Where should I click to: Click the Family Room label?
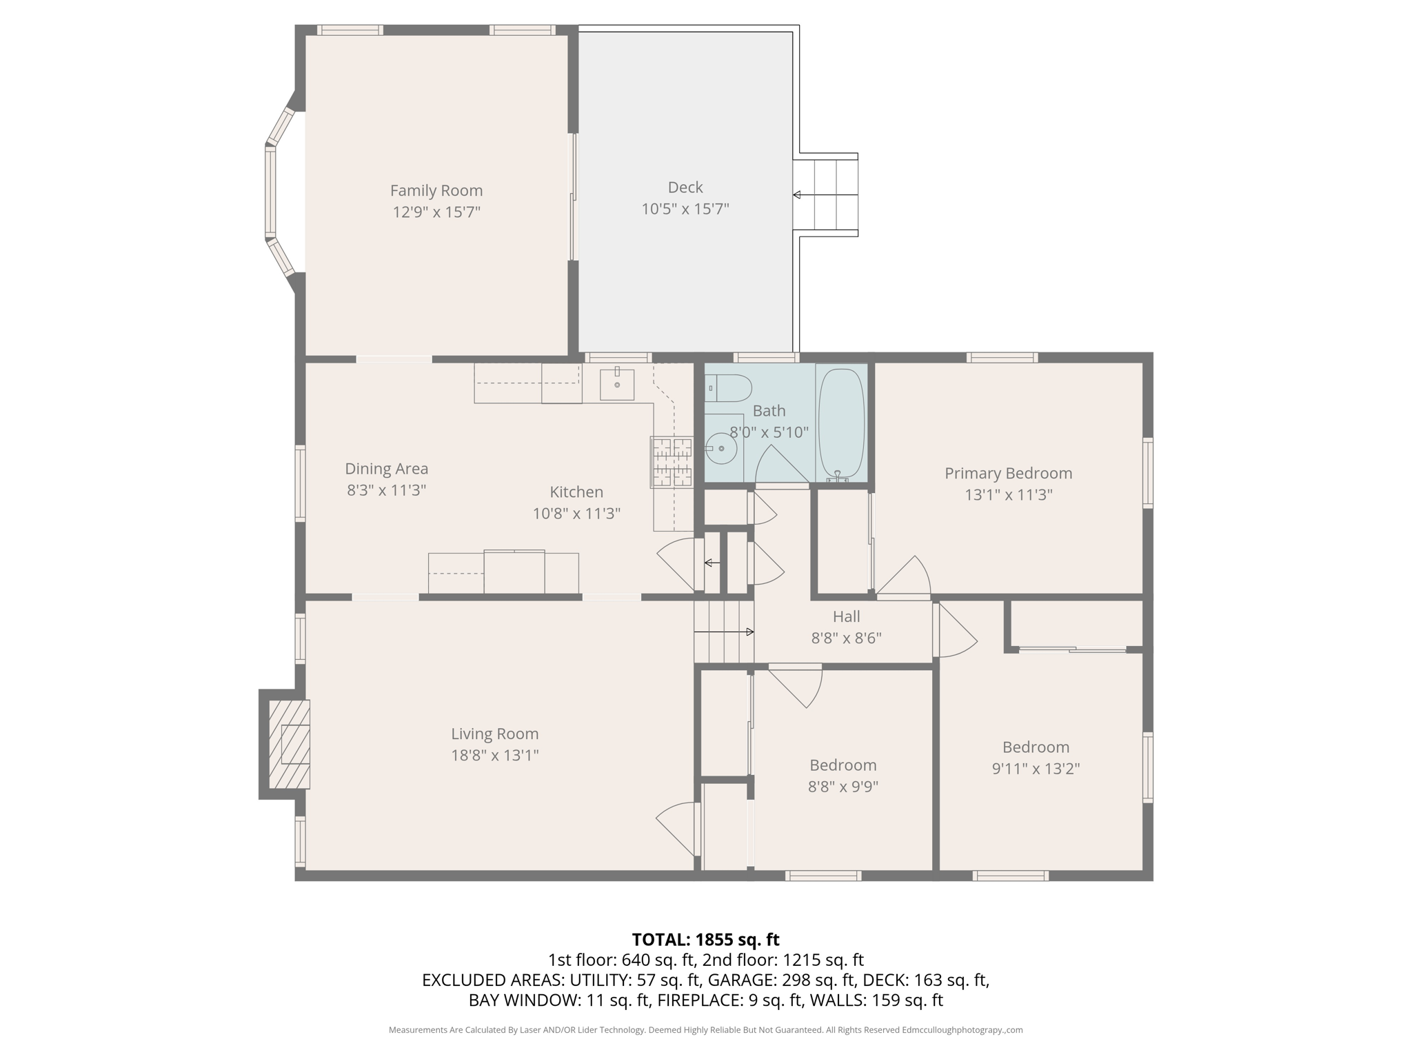tap(436, 190)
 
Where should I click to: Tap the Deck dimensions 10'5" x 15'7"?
tap(685, 209)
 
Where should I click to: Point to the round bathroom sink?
tap(722, 449)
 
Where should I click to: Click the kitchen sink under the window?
tap(616, 384)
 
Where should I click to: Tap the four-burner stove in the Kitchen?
tap(672, 462)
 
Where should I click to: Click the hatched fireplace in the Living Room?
tap(289, 744)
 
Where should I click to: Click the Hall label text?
tap(846, 616)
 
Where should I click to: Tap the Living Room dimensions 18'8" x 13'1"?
tap(494, 756)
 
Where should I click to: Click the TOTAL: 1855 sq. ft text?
tap(705, 940)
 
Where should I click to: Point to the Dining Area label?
tap(386, 469)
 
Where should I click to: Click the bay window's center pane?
tap(270, 192)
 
